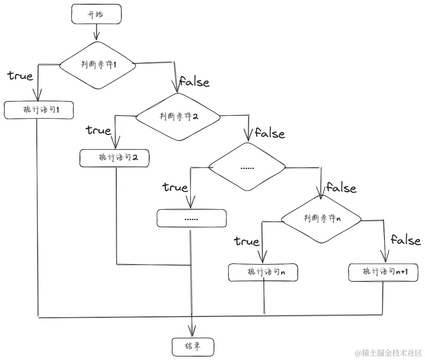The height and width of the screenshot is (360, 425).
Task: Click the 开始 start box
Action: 97,15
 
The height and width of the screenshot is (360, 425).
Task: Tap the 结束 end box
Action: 193,346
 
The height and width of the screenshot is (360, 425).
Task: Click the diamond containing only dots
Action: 247,167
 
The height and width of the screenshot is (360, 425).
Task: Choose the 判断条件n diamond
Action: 322,218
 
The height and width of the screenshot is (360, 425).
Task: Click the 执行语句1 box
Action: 39,110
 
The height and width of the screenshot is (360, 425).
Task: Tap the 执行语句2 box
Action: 115,158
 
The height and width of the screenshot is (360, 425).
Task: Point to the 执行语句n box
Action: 263,272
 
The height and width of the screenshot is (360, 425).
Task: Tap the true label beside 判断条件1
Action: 20,76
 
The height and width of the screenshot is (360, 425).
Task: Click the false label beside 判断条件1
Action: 195,82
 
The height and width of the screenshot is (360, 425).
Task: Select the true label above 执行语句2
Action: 99,130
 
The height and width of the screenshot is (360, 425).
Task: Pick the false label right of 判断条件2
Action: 270,134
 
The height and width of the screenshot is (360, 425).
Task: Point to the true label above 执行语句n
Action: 247,241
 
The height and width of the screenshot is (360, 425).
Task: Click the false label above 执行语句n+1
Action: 405,240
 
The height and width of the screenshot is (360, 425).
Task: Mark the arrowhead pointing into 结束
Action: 192,330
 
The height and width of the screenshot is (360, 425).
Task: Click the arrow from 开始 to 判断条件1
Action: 97,32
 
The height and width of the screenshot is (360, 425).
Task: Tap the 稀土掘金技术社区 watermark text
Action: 389,352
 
